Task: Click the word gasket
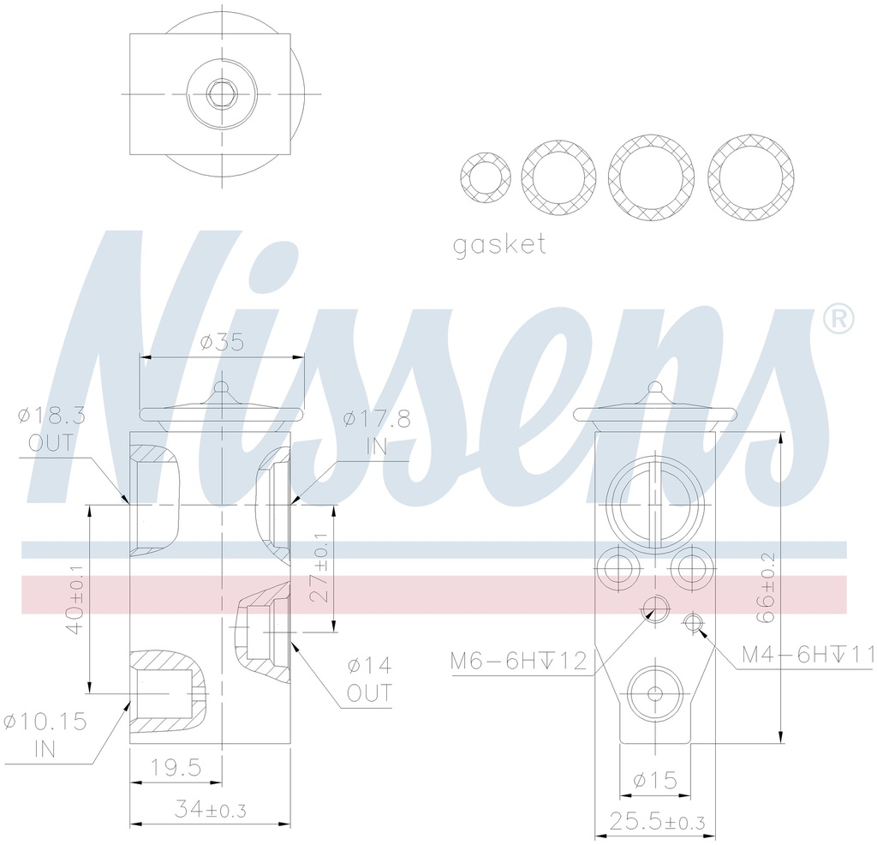499,245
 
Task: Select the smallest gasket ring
486,178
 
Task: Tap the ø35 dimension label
222,343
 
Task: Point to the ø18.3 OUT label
51,429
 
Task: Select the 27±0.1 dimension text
319,567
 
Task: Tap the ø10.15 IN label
45,734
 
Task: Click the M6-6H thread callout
519,660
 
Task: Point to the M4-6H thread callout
808,656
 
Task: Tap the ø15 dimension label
655,780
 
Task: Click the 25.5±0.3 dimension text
656,823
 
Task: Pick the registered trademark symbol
838,319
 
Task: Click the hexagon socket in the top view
223,93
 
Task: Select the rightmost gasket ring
751,177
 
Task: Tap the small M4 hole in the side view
692,620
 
